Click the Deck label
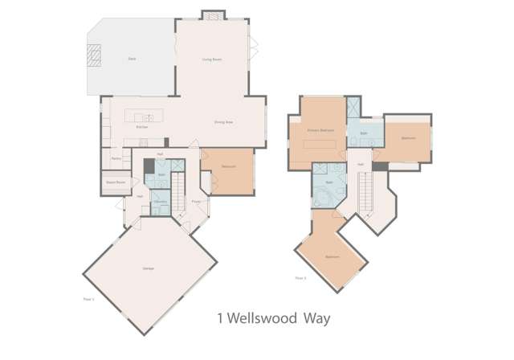tap(132, 59)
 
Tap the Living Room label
tap(212, 60)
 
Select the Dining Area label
tap(223, 122)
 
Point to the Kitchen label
tap(141, 127)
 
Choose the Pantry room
tap(116, 158)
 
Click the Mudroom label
tap(116, 182)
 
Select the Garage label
tap(149, 268)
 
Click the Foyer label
tap(195, 201)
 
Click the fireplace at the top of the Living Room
tap(213, 14)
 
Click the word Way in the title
tap(316, 317)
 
